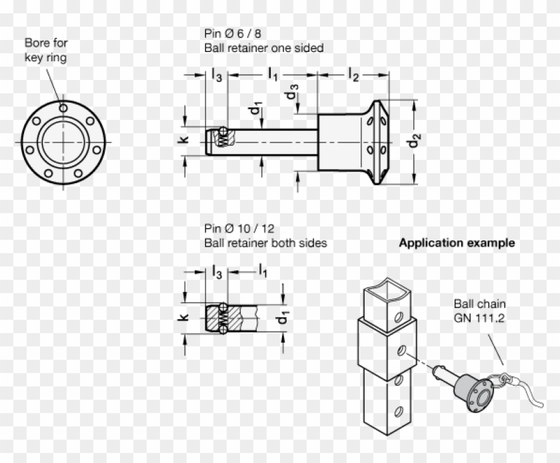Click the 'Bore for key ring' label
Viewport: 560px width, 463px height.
click(46, 50)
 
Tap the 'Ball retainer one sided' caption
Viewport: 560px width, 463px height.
click(264, 48)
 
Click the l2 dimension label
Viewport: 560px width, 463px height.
click(353, 75)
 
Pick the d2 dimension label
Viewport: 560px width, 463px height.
click(414, 142)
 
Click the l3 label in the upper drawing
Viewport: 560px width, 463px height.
click(216, 75)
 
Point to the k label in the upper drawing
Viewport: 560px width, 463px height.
click(185, 140)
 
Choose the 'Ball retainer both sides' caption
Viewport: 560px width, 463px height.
click(265, 243)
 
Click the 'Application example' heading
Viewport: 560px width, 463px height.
click(456, 243)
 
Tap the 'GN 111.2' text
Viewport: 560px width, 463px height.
click(479, 318)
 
